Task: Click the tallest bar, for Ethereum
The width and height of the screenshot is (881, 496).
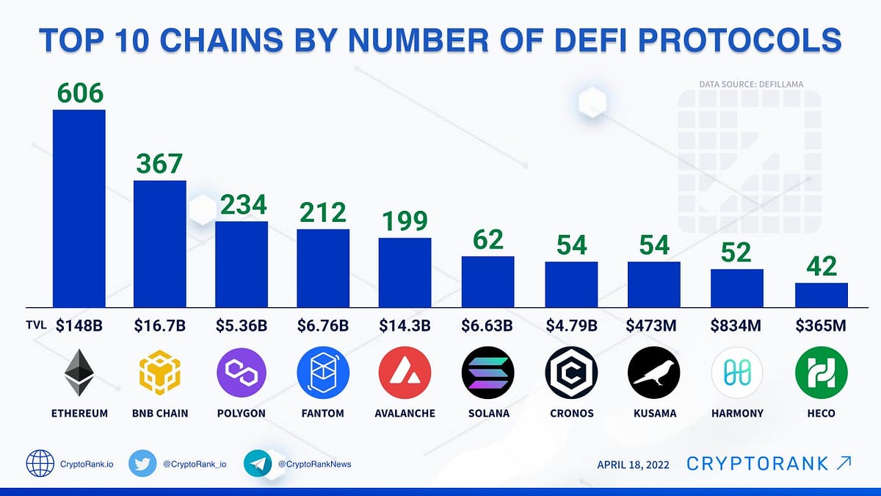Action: [79, 208]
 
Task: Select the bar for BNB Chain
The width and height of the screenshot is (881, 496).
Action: [159, 243]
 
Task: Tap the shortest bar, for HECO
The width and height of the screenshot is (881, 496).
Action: [822, 295]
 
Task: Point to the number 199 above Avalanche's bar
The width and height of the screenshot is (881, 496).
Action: [405, 221]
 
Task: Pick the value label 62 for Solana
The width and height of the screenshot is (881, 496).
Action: [487, 240]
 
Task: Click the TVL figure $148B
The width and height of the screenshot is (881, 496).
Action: [79, 326]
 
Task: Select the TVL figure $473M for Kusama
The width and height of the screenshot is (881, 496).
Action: [653, 326]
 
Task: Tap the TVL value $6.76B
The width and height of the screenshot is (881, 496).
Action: [323, 326]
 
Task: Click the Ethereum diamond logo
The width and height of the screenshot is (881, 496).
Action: [79, 373]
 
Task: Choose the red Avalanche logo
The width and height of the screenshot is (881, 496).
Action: [405, 373]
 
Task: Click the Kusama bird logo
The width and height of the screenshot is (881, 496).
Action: [653, 373]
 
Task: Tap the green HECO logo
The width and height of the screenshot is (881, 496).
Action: [822, 373]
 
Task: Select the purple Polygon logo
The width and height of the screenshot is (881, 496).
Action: [242, 373]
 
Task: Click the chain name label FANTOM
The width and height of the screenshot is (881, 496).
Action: [323, 414]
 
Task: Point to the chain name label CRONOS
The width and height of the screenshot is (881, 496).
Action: [571, 414]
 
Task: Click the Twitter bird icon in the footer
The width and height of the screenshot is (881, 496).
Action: [142, 464]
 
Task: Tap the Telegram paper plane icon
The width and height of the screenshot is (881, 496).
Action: [258, 464]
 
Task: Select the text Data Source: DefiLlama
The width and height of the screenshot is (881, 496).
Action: [750, 85]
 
